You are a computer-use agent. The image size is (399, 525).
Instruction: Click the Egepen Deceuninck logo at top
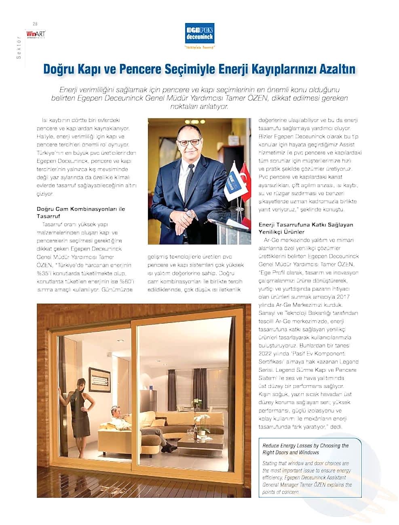199,34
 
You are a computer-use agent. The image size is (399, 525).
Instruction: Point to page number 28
35,23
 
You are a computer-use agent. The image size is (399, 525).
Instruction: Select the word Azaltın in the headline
334,69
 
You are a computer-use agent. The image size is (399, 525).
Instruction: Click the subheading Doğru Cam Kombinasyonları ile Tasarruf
81,213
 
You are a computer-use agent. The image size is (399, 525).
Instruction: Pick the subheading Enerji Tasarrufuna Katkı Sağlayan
306,224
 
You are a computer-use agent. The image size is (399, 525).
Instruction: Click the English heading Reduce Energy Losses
306,449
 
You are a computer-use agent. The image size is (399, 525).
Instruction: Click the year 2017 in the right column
343,297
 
